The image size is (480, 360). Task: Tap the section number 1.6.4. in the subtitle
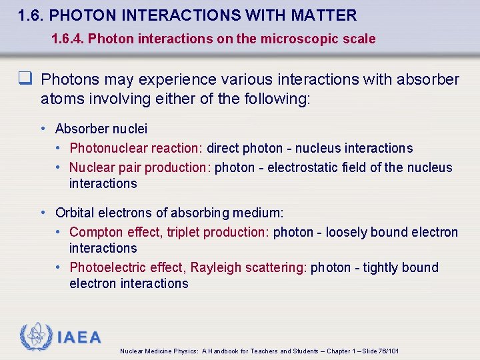[67, 39]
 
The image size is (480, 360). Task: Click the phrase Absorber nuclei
[101, 129]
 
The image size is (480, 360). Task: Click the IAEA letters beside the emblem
[79, 337]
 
